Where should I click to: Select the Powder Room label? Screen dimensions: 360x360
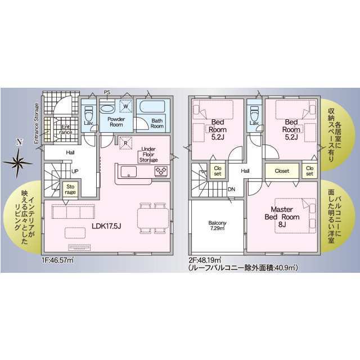(116, 121)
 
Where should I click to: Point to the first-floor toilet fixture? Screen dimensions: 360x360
(88, 111)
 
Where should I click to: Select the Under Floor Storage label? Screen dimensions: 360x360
(148, 154)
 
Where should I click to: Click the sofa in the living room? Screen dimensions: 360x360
(74, 212)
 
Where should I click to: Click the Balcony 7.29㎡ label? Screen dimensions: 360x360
(217, 226)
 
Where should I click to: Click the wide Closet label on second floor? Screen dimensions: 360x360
(282, 170)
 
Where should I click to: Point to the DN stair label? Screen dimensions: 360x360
(231, 189)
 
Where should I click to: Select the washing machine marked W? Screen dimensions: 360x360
(127, 106)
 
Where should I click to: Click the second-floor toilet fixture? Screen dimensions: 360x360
(254, 111)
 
